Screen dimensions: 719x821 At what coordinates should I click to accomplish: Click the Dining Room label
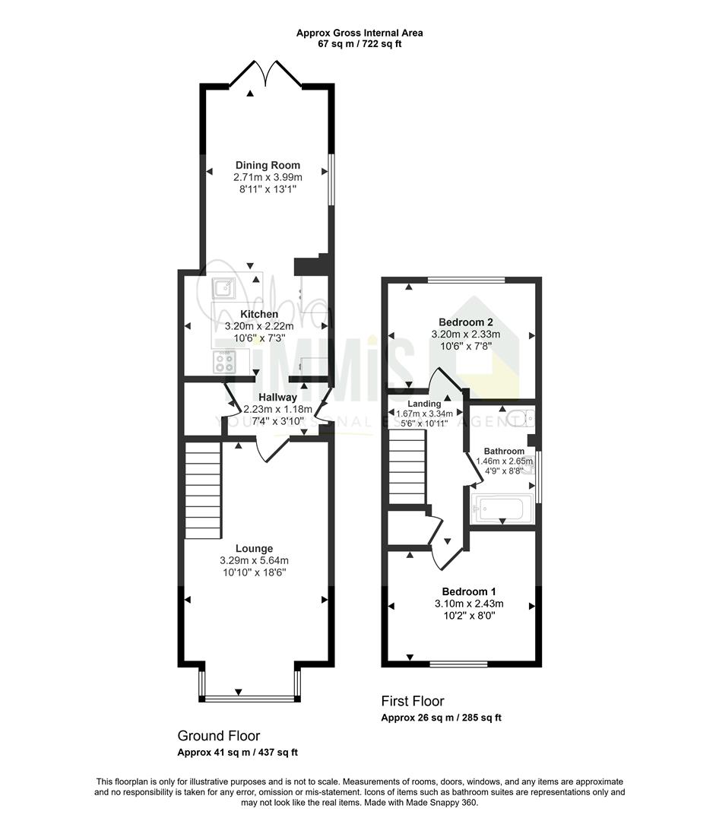pos(268,166)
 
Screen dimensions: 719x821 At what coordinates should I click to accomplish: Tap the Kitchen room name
pos(259,314)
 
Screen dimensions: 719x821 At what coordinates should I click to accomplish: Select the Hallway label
pos(277,398)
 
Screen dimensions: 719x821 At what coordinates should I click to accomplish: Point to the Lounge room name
pos(254,549)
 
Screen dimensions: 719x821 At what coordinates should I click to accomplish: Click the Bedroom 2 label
pos(466,322)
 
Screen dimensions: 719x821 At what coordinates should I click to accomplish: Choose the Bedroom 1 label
pos(469,591)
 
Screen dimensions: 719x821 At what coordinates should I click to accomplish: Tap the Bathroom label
pos(504,451)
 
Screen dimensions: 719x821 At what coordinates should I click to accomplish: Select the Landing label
pos(424,404)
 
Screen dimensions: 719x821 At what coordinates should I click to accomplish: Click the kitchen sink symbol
pos(223,287)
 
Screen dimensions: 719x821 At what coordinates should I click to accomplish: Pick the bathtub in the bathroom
pos(502,509)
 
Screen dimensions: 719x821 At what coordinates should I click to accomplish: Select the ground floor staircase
pos(203,490)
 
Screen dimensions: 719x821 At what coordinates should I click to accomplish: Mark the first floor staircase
pos(407,467)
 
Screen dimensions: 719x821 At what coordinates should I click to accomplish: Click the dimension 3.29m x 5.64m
pos(254,561)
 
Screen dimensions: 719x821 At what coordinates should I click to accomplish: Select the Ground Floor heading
pos(219,736)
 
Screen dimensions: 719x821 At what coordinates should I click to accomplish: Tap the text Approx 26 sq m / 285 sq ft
pos(441,718)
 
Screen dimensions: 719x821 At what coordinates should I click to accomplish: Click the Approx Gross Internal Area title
pos(359,33)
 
